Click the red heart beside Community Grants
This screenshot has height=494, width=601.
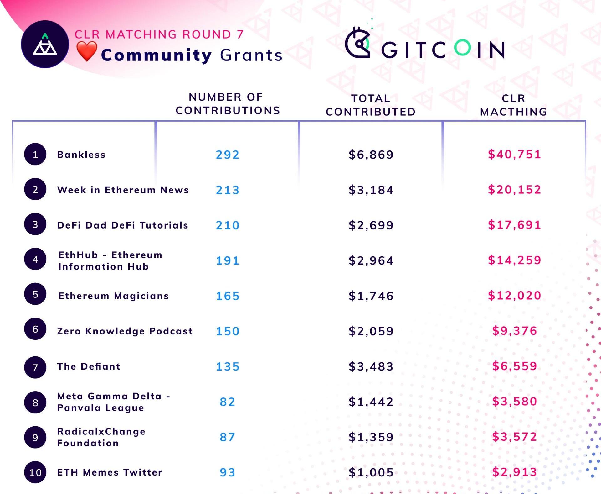click(87, 51)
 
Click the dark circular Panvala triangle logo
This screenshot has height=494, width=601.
click(45, 44)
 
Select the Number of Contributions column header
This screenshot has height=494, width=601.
click(228, 104)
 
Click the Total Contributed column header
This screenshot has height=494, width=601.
click(371, 105)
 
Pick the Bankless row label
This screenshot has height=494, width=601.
click(81, 155)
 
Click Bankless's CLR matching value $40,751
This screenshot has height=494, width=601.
click(514, 154)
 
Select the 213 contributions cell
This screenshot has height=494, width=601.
click(228, 190)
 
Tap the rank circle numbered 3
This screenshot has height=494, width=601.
click(35, 224)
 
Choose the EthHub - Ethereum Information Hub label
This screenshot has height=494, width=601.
click(110, 260)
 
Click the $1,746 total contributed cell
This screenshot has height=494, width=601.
click(371, 296)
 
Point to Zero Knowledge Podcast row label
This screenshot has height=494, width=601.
click(125, 331)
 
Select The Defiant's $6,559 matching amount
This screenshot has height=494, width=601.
click(514, 366)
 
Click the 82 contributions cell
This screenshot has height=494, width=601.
click(227, 402)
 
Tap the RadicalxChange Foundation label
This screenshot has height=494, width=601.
click(101, 437)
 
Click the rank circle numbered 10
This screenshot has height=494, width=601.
click(35, 472)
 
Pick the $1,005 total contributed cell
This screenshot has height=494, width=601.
click(371, 472)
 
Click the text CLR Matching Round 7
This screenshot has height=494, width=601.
click(159, 34)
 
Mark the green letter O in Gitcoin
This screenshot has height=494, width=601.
click(462, 48)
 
